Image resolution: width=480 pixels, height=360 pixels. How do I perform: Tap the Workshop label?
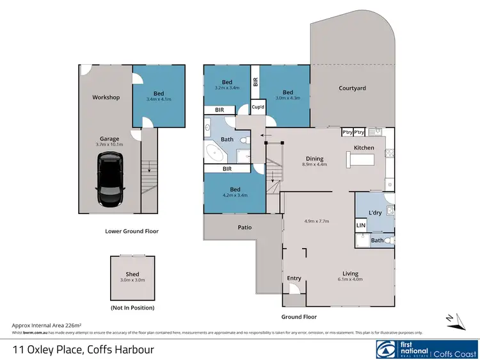click(x=106, y=97)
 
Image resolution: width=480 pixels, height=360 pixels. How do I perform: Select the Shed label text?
click(x=132, y=274)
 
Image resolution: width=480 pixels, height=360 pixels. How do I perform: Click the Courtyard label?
click(x=352, y=88)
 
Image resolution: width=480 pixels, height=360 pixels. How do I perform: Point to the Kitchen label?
click(x=364, y=148)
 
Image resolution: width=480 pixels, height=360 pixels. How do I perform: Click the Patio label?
click(x=244, y=227)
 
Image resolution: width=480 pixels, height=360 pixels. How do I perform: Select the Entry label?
click(x=294, y=277)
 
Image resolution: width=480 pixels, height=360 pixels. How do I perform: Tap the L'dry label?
click(x=375, y=212)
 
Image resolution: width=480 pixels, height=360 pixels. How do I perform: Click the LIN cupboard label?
click(x=361, y=225)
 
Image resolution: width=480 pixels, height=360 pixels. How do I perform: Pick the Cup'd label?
click(x=259, y=107)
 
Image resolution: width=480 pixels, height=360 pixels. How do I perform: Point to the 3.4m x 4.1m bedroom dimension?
click(x=159, y=100)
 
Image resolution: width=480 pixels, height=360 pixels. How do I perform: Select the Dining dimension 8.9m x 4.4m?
click(x=314, y=165)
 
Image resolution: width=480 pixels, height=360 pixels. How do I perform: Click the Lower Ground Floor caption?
click(x=132, y=231)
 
